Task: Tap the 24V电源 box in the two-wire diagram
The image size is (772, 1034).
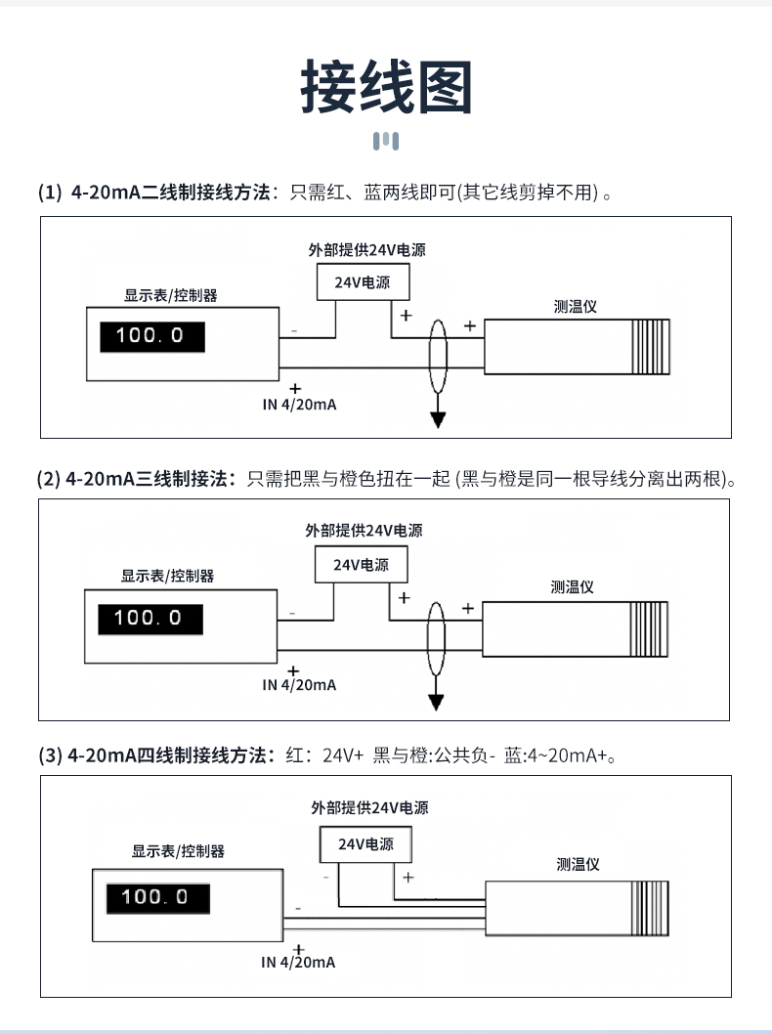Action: point(363,282)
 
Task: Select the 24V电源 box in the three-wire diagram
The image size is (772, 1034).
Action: point(361,565)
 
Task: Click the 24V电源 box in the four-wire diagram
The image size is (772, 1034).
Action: point(365,843)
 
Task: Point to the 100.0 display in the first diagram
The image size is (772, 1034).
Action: point(150,336)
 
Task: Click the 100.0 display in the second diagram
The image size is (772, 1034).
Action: point(150,619)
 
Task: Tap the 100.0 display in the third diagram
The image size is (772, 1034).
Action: point(153,897)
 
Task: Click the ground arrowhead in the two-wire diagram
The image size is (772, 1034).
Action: point(439,419)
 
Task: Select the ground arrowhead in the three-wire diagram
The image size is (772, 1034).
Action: point(437,702)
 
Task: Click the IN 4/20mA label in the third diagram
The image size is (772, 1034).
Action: point(298,963)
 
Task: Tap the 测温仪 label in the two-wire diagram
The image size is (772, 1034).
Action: point(575,306)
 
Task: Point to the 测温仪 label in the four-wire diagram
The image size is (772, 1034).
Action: point(577,864)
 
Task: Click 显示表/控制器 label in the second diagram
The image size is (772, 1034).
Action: point(167,576)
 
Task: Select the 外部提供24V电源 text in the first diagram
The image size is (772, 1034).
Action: point(366,250)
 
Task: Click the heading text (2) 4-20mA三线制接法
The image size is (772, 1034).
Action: point(136,479)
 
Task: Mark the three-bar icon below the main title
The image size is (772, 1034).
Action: point(386,142)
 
